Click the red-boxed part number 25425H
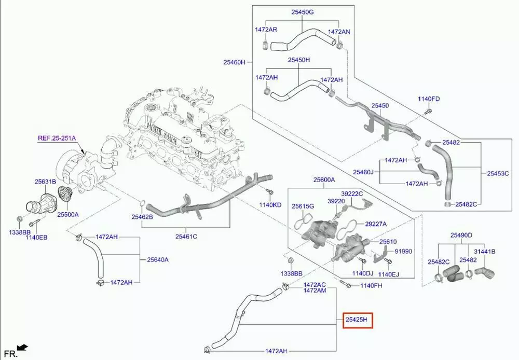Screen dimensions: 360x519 [357, 321]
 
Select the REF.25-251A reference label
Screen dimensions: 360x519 [57, 139]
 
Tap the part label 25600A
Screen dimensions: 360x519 [324, 180]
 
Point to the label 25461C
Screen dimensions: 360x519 [186, 237]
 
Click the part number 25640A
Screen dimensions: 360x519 [158, 259]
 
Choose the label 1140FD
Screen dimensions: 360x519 [429, 99]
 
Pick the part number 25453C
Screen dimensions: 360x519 [498, 173]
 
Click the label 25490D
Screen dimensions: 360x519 [461, 235]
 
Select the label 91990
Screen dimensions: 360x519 [403, 251]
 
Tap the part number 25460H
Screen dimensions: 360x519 [235, 62]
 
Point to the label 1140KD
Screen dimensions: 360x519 [270, 205]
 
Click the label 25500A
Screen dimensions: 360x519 [67, 214]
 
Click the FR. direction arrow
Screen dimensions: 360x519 [21, 348]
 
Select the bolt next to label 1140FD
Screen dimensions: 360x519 [427, 110]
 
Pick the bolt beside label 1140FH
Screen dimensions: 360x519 [345, 284]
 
